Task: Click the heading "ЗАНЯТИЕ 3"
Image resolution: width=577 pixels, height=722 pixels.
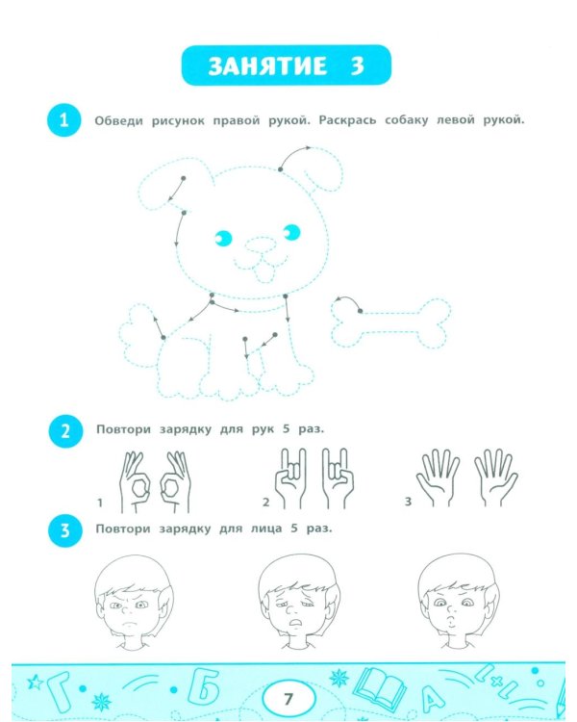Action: tap(287, 65)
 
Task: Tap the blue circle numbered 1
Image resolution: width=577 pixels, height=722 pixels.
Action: tap(64, 120)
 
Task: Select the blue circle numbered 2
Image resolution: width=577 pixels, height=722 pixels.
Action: tap(65, 431)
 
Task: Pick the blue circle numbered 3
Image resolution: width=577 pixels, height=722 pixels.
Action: tap(65, 530)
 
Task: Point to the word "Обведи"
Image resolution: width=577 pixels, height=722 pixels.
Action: tap(118, 121)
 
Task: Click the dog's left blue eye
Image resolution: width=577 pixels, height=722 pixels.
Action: tap(224, 238)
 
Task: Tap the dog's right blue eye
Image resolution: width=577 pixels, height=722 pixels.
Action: tap(290, 233)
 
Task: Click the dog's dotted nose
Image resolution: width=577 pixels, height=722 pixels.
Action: tap(261, 245)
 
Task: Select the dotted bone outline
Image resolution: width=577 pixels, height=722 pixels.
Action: tap(390, 322)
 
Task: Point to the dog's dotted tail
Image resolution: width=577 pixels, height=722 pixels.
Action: tap(138, 334)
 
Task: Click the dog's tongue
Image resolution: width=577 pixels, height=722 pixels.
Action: tap(265, 273)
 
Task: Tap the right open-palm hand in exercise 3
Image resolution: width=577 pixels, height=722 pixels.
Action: tap(496, 477)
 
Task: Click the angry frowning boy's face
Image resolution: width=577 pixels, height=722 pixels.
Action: tap(133, 603)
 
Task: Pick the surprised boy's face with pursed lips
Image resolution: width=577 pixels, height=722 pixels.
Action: tap(458, 601)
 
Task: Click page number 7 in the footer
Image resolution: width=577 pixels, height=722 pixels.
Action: tap(288, 700)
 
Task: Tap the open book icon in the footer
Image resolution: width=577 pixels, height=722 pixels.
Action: tap(380, 689)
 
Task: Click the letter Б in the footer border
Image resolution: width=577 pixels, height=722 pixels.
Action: tap(204, 689)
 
